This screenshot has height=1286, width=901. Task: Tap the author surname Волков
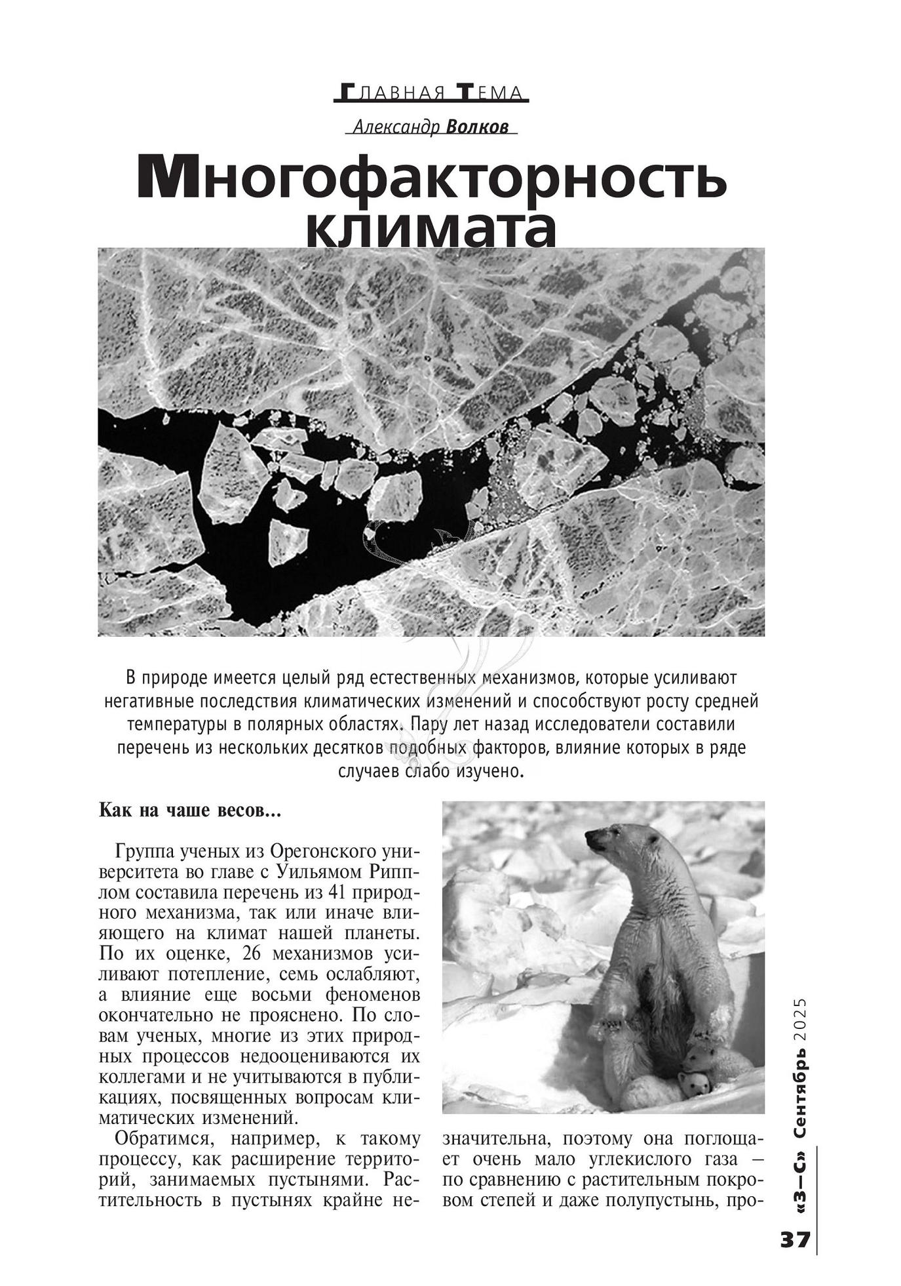(476, 127)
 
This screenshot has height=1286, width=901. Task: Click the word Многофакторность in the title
(432, 178)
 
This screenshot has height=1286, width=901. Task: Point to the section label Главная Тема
(431, 93)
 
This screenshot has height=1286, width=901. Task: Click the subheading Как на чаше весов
(189, 810)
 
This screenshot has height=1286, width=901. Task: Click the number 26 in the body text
(254, 954)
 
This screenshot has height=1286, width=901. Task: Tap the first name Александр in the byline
(396, 127)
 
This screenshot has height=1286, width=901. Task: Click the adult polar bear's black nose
(588, 837)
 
